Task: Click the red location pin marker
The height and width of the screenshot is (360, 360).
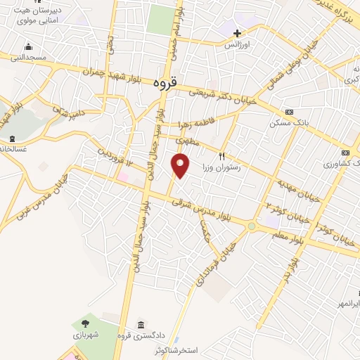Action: pos(181,165)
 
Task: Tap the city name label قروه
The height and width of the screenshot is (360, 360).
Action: pos(163,82)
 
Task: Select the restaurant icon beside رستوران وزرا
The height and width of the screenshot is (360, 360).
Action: pos(222,156)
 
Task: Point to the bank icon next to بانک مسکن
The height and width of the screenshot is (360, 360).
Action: pos(289,112)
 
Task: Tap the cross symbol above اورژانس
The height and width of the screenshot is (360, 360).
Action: pos(237,32)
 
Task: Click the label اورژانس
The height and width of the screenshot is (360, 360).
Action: pos(237,44)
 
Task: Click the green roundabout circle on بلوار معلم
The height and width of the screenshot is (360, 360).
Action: pos(251,226)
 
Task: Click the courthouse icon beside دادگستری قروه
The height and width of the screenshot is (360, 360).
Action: pos(142,324)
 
